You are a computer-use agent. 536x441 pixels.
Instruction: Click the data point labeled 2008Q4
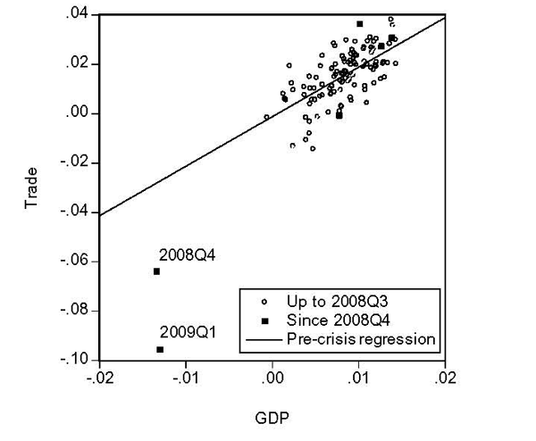click(x=156, y=271)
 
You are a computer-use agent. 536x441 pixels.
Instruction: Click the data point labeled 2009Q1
click(x=160, y=349)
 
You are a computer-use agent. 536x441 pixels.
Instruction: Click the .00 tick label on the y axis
click(x=77, y=113)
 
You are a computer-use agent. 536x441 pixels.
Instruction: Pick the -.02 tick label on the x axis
click(x=98, y=378)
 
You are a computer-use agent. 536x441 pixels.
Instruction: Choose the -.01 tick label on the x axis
click(x=185, y=378)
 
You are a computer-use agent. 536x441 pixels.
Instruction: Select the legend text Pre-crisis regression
click(x=360, y=339)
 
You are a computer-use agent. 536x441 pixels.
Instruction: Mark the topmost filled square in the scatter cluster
click(x=360, y=23)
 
